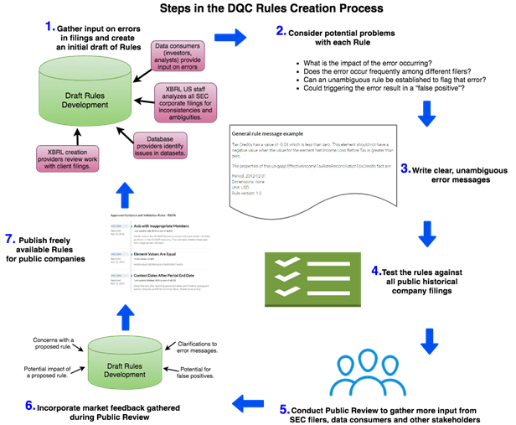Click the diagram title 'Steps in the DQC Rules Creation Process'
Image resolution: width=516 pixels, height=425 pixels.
257,9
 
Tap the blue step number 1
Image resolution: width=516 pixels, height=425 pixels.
49,27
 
